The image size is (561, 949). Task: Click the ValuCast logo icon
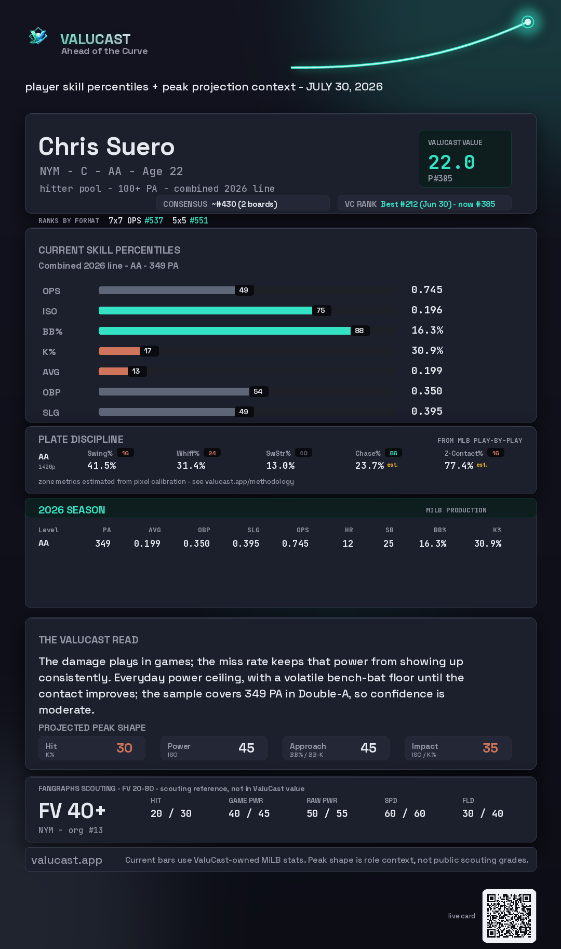click(x=38, y=36)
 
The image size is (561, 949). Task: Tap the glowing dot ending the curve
click(x=528, y=22)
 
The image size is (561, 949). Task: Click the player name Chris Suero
click(x=106, y=147)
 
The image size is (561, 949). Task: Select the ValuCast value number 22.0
click(x=451, y=162)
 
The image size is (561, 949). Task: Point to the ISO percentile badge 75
click(x=321, y=310)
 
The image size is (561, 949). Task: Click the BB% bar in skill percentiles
click(x=224, y=331)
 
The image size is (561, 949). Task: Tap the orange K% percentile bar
click(x=119, y=351)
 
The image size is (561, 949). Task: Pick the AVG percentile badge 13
click(x=136, y=371)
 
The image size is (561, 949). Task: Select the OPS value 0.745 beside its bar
click(x=427, y=289)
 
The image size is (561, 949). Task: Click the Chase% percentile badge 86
click(x=393, y=453)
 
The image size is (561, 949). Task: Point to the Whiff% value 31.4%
click(x=191, y=466)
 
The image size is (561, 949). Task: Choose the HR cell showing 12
click(x=348, y=544)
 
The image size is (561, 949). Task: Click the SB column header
click(x=390, y=530)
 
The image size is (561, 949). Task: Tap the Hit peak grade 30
click(x=124, y=748)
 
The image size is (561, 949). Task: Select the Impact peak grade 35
click(x=490, y=748)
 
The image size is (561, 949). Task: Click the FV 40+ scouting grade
click(x=72, y=811)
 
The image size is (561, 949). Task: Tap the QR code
click(x=509, y=916)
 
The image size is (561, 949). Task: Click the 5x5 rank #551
click(x=199, y=220)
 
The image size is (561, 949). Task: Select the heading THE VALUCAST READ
click(x=88, y=640)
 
